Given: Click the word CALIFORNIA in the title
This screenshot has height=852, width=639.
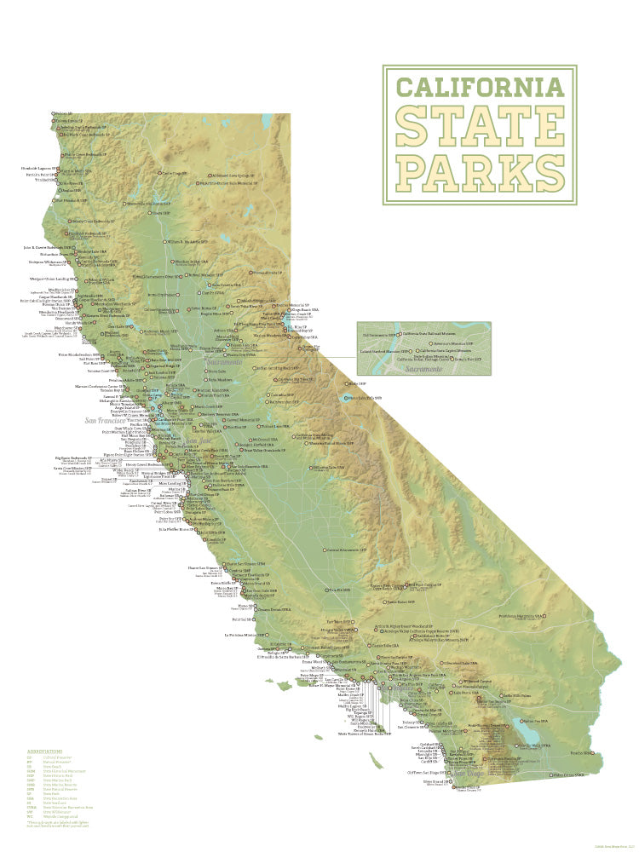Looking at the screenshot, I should point(480,87).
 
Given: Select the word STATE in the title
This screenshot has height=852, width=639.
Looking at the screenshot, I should point(480,127).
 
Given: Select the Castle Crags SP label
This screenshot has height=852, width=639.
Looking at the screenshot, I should point(174,173).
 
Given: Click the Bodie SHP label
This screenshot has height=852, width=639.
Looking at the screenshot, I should point(358,383).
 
